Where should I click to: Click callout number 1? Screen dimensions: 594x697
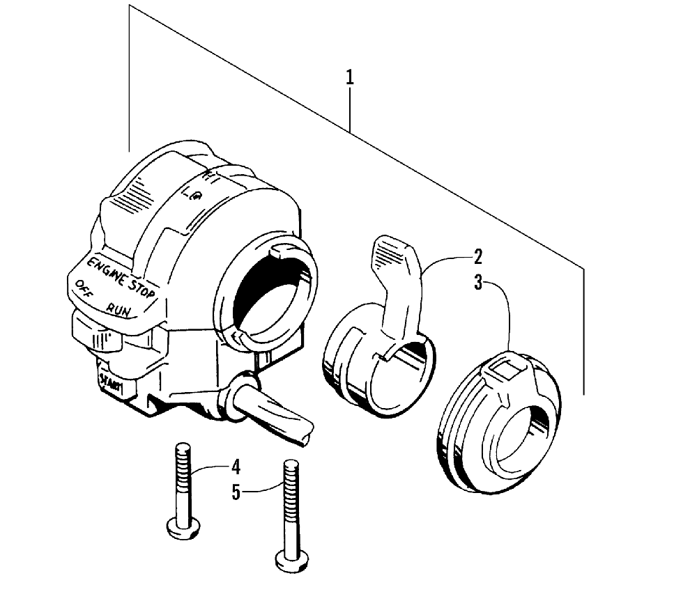[350, 77]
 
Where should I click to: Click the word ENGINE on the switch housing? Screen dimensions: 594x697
[107, 272]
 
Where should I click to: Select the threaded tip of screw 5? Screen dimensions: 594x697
[291, 468]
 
